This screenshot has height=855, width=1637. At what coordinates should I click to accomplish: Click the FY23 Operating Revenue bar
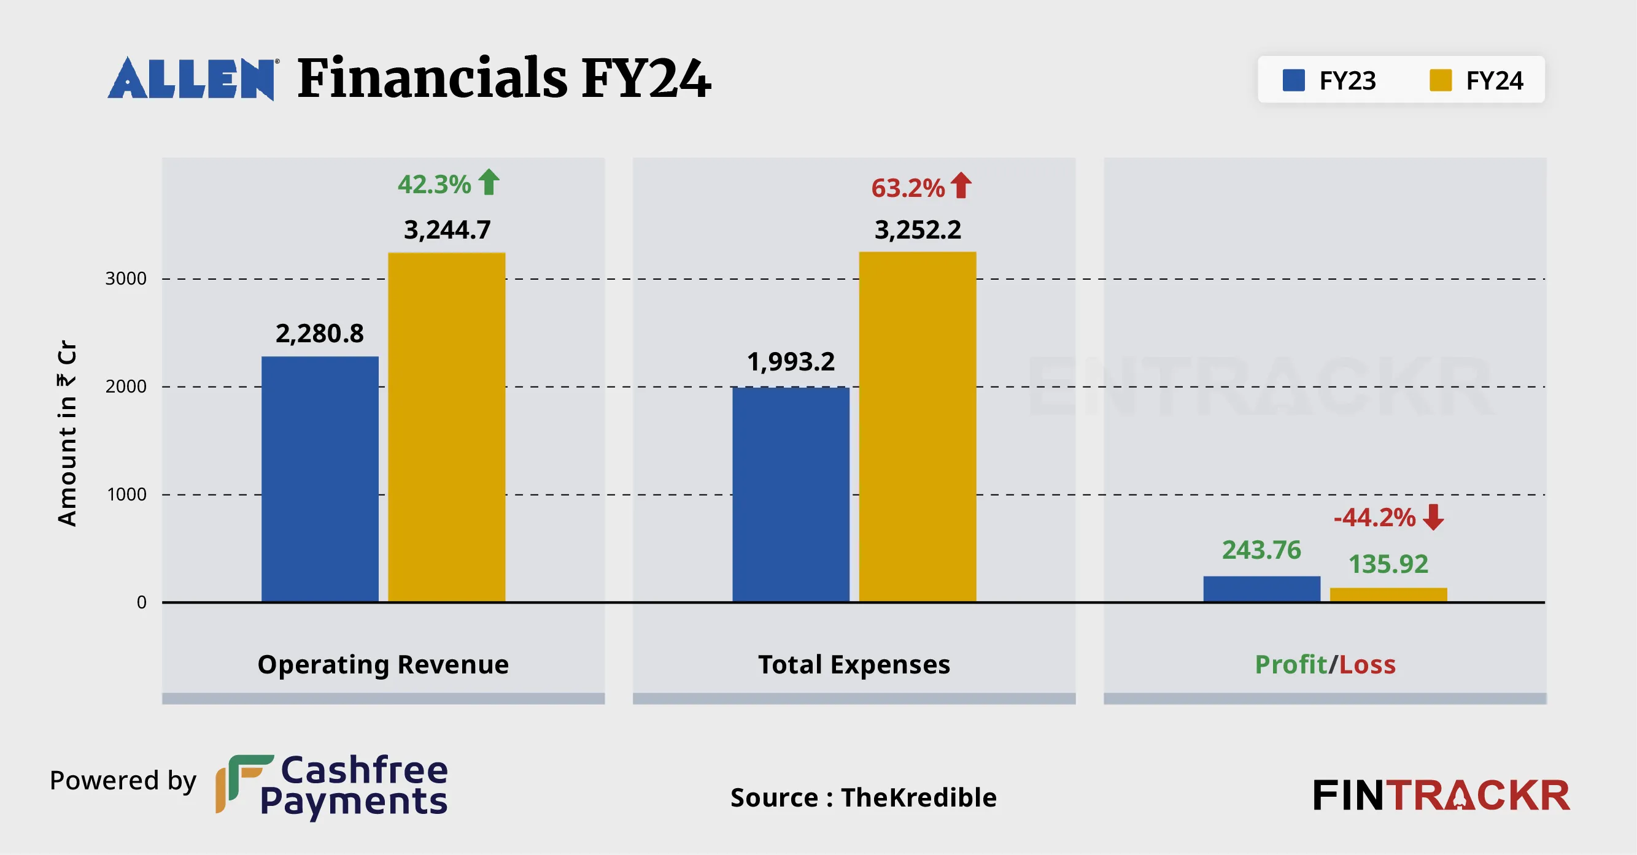[320, 479]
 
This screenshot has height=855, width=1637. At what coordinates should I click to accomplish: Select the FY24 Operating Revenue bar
[447, 427]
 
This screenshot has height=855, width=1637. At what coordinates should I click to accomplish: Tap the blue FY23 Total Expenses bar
[791, 494]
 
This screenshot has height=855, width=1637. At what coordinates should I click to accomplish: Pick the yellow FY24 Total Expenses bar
[918, 427]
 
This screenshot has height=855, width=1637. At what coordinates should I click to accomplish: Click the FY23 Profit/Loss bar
[1261, 588]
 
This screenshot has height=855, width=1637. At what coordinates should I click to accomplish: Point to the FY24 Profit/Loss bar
[1388, 594]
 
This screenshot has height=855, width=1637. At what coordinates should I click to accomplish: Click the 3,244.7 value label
[447, 230]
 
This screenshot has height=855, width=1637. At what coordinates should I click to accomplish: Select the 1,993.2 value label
[791, 362]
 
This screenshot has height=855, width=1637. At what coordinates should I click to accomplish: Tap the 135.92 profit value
[1388, 564]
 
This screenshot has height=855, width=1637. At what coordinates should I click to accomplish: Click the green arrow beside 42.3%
[489, 182]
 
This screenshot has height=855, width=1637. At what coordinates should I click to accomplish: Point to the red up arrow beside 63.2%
[961, 185]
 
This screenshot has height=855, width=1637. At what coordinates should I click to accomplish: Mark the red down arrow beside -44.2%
[1433, 517]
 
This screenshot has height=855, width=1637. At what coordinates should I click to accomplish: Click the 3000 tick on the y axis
[126, 279]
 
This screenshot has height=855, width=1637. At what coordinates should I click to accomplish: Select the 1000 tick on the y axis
[126, 495]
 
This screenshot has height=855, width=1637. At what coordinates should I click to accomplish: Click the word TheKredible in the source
[918, 798]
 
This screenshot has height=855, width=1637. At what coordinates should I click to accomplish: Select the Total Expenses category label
[854, 664]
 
